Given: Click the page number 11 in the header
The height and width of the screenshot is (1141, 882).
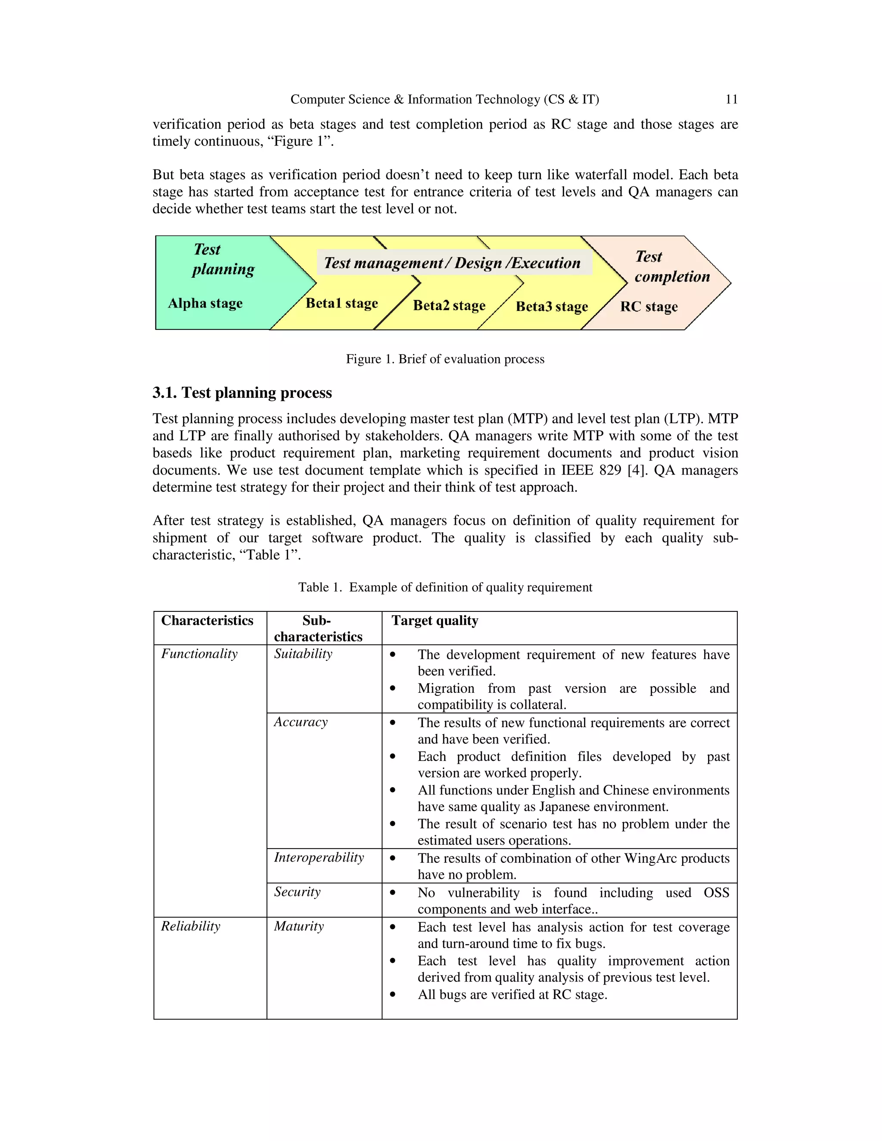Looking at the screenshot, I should (731, 99).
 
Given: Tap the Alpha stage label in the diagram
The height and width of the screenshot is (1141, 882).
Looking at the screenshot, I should (205, 304).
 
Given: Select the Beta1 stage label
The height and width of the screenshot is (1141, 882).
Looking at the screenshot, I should (342, 304).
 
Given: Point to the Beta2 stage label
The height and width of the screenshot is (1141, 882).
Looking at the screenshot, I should (449, 306).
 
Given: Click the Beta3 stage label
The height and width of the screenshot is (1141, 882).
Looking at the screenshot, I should (552, 307).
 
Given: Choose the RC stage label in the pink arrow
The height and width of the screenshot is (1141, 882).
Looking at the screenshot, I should (649, 307).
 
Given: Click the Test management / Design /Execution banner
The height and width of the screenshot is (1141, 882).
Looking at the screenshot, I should (452, 263).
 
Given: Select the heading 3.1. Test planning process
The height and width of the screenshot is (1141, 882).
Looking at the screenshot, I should (242, 393).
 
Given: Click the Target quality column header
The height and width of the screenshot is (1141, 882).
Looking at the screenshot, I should (435, 620).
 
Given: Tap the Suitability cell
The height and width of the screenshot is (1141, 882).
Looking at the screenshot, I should (303, 654).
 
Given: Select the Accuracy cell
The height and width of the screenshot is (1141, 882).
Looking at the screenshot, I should (301, 722).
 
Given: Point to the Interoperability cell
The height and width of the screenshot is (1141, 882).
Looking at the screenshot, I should (319, 858).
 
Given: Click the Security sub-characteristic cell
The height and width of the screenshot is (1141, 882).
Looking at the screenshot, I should (297, 892).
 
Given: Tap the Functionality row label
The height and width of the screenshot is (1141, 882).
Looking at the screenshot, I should (199, 654).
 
